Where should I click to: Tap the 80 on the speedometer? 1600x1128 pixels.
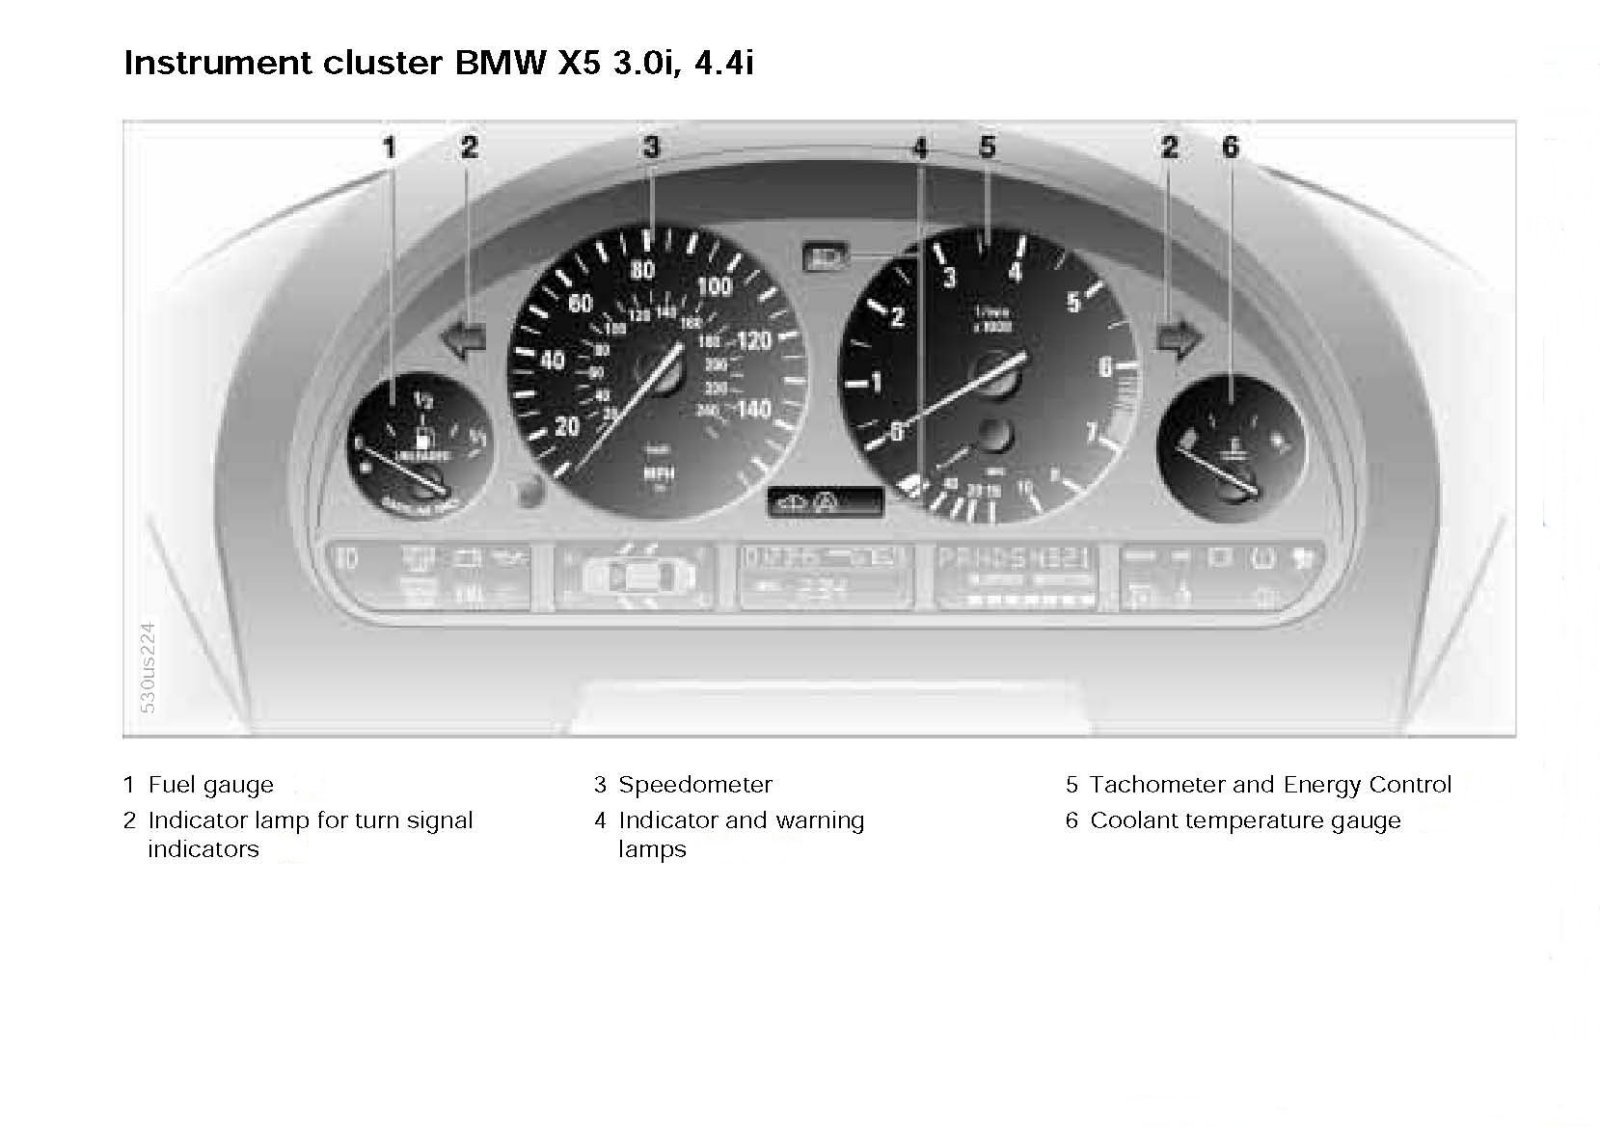pyautogui.click(x=642, y=270)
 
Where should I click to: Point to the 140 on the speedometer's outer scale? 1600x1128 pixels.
pyautogui.click(x=754, y=408)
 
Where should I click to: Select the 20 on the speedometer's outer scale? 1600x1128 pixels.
pyautogui.click(x=567, y=427)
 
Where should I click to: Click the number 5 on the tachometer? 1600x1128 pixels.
pyautogui.click(x=1073, y=301)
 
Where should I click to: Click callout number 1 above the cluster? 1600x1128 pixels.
pyautogui.click(x=390, y=148)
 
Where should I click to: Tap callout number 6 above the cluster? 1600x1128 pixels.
pyautogui.click(x=1230, y=147)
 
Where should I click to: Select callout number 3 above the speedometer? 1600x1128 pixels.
pyautogui.click(x=651, y=147)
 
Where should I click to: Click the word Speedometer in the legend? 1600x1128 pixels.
pyautogui.click(x=695, y=785)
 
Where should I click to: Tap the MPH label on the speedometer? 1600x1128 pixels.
pyautogui.click(x=658, y=473)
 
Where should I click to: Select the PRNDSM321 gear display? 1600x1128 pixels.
pyautogui.click(x=1012, y=559)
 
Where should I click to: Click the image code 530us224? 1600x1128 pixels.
pyautogui.click(x=148, y=667)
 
